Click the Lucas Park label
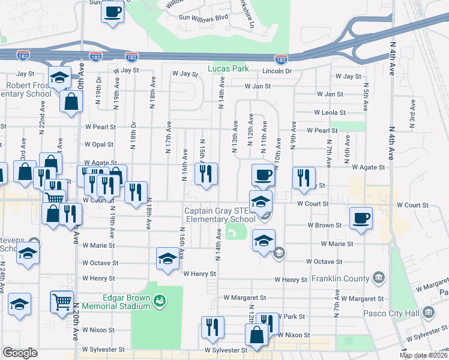[x=228, y=68]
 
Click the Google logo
[x=20, y=353]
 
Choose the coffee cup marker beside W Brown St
[x=361, y=218]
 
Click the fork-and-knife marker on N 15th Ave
[x=206, y=174]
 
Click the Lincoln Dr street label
[x=277, y=71]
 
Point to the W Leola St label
[x=330, y=112]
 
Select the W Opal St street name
[x=98, y=145]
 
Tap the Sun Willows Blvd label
[x=203, y=17]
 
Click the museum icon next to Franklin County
[x=379, y=277]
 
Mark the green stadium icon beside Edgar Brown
[x=160, y=299]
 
